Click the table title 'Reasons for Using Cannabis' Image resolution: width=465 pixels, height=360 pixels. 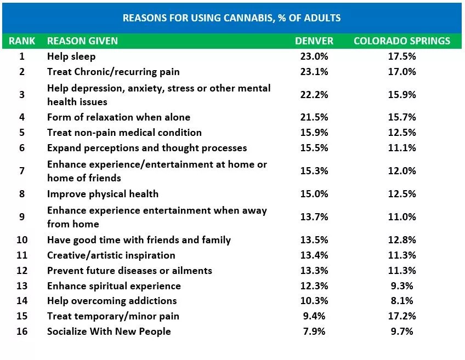pyautogui.click(x=231, y=18)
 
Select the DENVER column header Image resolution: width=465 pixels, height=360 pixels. pyautogui.click(x=314, y=41)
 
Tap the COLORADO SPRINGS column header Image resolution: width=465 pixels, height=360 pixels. pyautogui.click(x=402, y=41)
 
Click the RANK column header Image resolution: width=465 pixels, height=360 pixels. pyautogui.click(x=22, y=41)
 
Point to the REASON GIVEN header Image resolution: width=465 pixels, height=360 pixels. pyautogui.click(x=82, y=41)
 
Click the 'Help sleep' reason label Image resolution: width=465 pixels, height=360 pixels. pyautogui.click(x=71, y=56)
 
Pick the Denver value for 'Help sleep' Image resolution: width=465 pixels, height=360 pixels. pyautogui.click(x=315, y=56)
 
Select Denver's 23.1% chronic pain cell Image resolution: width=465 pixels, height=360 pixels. pyautogui.click(x=315, y=72)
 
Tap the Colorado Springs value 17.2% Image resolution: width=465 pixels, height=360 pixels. pyautogui.click(x=402, y=316)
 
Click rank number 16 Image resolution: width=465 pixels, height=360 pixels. pyautogui.click(x=22, y=332)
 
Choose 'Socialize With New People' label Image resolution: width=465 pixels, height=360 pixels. pyautogui.click(x=109, y=332)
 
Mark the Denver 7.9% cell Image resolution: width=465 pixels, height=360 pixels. pyautogui.click(x=315, y=332)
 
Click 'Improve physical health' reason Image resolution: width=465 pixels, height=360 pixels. pyautogui.click(x=103, y=193)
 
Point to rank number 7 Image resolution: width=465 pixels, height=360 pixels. pyautogui.click(x=22, y=171)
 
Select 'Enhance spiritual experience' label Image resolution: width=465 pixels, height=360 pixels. pyautogui.click(x=114, y=286)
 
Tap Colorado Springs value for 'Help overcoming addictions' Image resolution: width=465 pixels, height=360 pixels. pyautogui.click(x=402, y=301)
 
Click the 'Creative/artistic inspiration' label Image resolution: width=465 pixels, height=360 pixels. pyautogui.click(x=111, y=255)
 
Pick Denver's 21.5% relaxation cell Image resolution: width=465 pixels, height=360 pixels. pyautogui.click(x=315, y=117)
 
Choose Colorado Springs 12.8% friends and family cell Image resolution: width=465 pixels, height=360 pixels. pyautogui.click(x=402, y=240)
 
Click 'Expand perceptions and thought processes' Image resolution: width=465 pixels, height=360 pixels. pyautogui.click(x=147, y=148)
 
